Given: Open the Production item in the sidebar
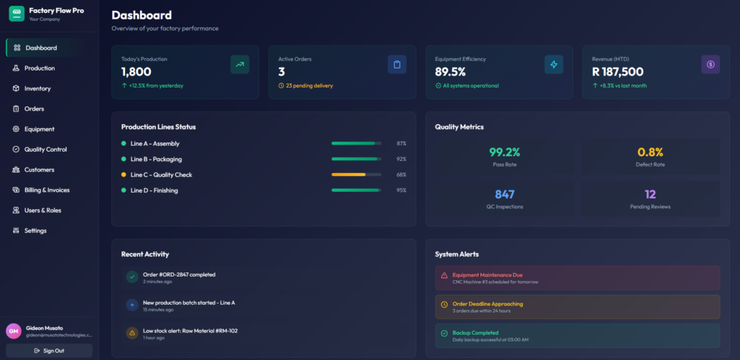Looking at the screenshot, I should point(40,68).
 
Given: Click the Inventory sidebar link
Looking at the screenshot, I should point(37,88).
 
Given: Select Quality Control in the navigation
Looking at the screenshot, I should point(45,149).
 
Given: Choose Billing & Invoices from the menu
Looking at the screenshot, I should point(47,190).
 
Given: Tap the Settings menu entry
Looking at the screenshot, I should point(35,231).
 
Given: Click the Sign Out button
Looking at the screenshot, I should point(49,351).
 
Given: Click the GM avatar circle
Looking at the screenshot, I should point(14,331).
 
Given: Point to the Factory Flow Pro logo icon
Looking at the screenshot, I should point(16,14).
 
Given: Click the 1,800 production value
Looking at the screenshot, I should point(136,72).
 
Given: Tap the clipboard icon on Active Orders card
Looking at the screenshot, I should point(397,65).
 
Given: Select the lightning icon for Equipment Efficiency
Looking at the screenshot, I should point(553,65).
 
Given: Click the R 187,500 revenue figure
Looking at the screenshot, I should point(617,72).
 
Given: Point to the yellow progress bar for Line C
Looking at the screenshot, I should point(348,175).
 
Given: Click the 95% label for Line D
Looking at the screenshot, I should point(401,190).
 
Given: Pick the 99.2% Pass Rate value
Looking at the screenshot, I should point(504,152).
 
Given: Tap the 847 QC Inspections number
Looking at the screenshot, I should point(504,194).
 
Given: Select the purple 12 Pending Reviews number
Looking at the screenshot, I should point(650,194).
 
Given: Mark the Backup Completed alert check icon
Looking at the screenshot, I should point(444,333).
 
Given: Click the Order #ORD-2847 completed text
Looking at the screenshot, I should point(179,274).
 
